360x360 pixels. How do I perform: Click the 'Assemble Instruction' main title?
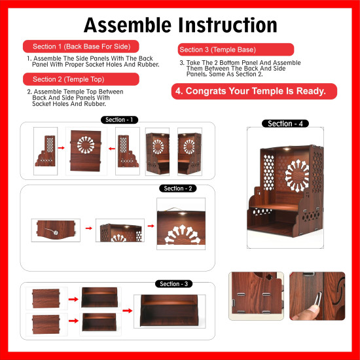(180, 25)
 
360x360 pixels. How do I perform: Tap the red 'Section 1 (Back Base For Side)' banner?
(82, 46)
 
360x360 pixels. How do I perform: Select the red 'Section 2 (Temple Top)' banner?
(82, 79)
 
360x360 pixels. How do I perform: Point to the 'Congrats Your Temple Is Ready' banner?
(254, 91)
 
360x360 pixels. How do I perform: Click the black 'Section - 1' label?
(120, 120)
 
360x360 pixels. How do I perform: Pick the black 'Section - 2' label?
(177, 189)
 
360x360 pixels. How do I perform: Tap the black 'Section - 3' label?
(173, 283)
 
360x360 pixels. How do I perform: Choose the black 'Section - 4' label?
(285, 123)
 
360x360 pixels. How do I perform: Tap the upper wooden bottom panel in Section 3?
(46, 298)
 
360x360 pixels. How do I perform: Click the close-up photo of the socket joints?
(257, 295)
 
